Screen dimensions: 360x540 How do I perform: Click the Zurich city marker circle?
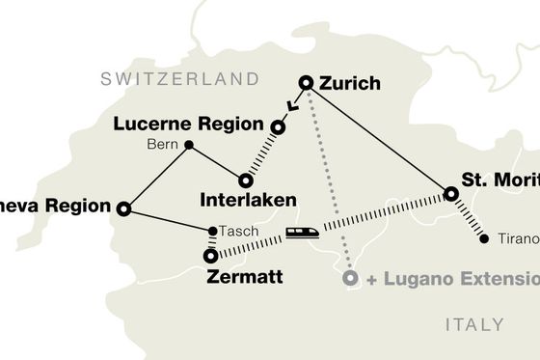tap(307, 83)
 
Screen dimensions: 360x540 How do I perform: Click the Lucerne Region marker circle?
tap(278, 126)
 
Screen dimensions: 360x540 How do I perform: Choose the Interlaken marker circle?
tap(245, 180)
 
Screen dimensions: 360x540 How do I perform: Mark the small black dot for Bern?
tap(188, 146)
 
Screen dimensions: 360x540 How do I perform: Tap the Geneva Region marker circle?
tap(123, 208)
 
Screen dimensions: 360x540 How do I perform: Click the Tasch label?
tap(237, 232)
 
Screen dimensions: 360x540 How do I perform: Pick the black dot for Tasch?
tap(211, 231)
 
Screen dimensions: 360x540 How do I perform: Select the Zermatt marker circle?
tap(210, 256)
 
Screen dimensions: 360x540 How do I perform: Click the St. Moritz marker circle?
tap(450, 195)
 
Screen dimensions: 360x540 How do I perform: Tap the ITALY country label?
tap(473, 322)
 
